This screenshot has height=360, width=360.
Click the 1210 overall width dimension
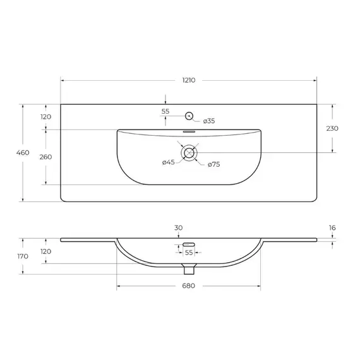[x=188, y=80]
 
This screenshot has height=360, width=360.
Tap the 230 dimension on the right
[x=332, y=128]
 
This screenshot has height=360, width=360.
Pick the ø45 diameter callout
[x=168, y=163]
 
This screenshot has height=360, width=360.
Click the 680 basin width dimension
[x=188, y=286]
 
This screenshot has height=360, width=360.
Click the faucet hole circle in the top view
[x=188, y=116]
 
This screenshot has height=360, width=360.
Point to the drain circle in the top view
[x=189, y=152]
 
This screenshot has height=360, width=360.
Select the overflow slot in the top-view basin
[x=189, y=132]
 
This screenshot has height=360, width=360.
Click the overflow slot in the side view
[x=188, y=244]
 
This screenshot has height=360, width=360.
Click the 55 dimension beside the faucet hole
[x=165, y=111]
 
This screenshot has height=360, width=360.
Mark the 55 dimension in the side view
[x=188, y=252]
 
